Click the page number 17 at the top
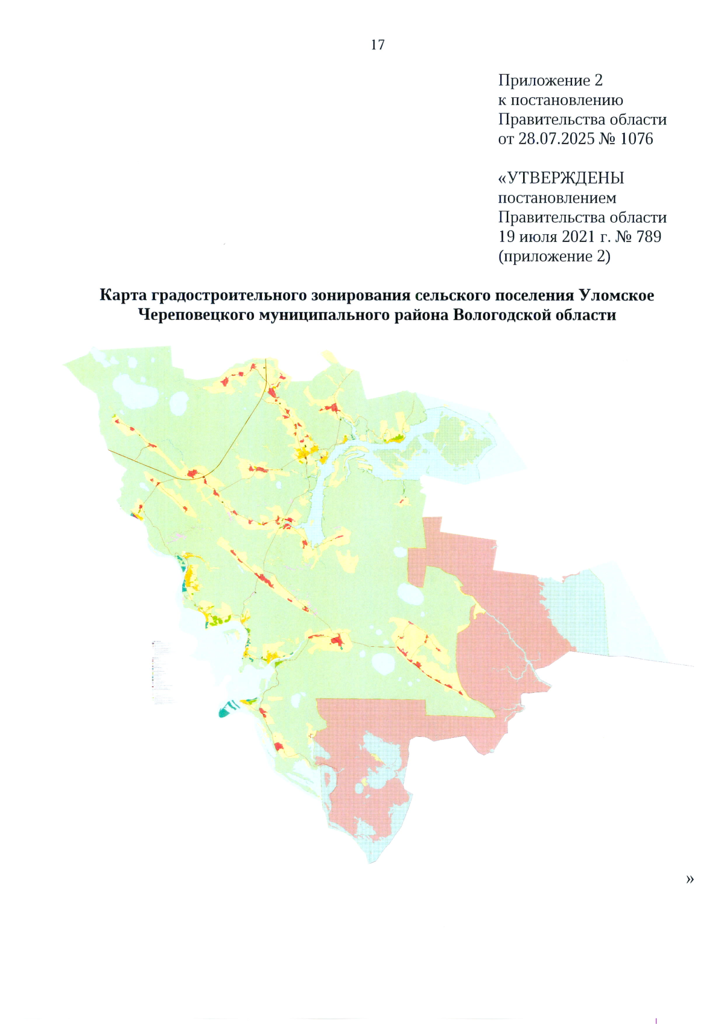[378, 45]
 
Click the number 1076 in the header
[636, 139]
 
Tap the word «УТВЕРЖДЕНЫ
[561, 178]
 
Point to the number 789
[649, 237]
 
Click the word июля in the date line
[537, 237]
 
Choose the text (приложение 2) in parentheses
[554, 256]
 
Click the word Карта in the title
[123, 295]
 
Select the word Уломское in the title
[616, 295]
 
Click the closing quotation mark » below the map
[690, 879]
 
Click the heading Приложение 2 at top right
[550, 80]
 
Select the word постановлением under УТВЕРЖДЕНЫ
[557, 198]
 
